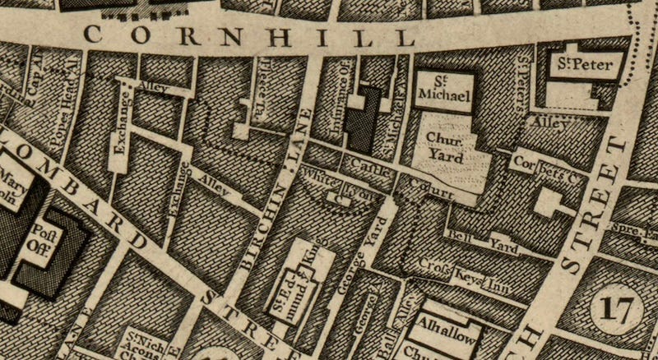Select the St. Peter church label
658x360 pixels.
(x=585, y=65)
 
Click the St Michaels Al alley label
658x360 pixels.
(x=395, y=121)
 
